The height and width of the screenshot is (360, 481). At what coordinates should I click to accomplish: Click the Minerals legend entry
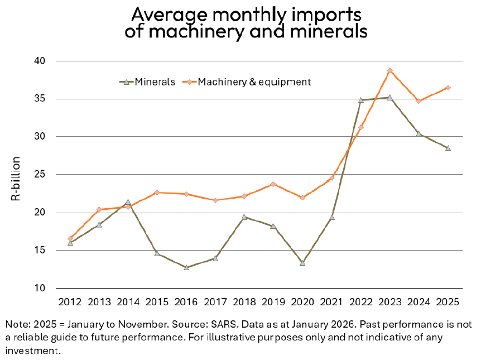pyautogui.click(x=147, y=82)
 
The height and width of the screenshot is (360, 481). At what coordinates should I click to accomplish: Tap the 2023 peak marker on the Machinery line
pyautogui.click(x=389, y=71)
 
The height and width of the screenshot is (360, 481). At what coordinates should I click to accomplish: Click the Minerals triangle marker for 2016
pyautogui.click(x=186, y=267)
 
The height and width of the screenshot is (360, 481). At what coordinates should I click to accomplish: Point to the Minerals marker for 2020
pyautogui.click(x=302, y=262)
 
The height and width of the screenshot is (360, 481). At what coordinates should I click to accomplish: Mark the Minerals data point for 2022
pyautogui.click(x=360, y=100)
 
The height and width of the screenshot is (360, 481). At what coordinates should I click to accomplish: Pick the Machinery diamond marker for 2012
pyautogui.click(x=70, y=238)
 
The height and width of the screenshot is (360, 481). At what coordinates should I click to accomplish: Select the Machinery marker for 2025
pyautogui.click(x=448, y=88)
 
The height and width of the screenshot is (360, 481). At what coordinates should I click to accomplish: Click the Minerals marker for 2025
pyautogui.click(x=448, y=148)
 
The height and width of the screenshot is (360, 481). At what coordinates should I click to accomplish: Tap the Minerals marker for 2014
pyautogui.click(x=128, y=202)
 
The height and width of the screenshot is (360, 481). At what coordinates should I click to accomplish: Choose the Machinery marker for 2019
pyautogui.click(x=273, y=184)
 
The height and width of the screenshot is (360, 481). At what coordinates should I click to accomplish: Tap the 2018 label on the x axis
pyautogui.click(x=244, y=302)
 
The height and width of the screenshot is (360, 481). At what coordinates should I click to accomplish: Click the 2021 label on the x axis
pyautogui.click(x=331, y=302)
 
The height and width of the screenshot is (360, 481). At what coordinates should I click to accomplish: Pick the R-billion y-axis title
pyautogui.click(x=16, y=179)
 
